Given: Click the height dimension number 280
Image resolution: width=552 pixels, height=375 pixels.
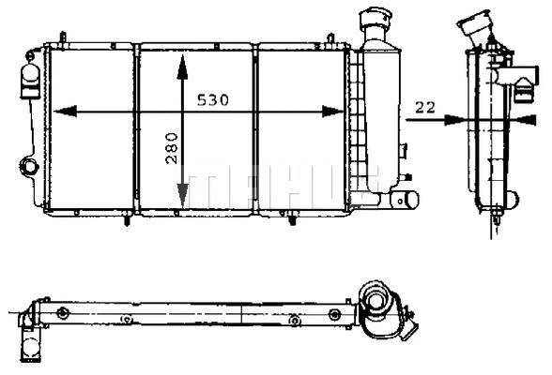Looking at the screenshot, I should click(x=171, y=147).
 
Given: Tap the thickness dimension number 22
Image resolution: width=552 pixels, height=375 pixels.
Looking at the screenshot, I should click(x=424, y=108).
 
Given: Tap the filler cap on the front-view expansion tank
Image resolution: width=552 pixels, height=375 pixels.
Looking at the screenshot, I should click(x=376, y=19).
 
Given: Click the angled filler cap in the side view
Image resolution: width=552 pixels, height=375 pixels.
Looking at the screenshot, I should click(x=475, y=23).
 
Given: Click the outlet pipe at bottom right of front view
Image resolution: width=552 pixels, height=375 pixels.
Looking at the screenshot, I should click(x=406, y=199).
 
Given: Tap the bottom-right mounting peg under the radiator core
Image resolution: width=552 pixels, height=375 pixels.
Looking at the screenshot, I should click(x=290, y=221).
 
